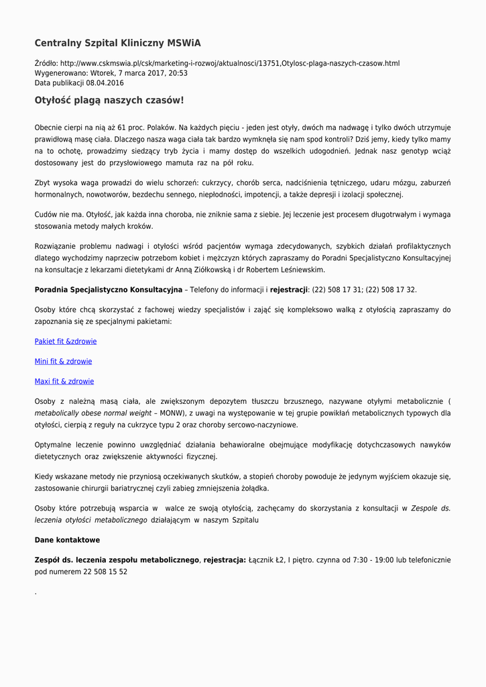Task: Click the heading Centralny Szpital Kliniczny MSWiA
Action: pyautogui.click(x=117, y=43)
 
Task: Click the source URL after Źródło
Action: pyautogui.click(x=229, y=63)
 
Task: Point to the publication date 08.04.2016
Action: pyautogui.click(x=105, y=83)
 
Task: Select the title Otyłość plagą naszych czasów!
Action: pyautogui.click(x=109, y=101)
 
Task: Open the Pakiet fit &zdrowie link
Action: pyautogui.click(x=66, y=341)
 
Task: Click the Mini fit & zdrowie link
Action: pyautogui.click(x=63, y=362)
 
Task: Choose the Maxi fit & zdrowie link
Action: pyautogui.click(x=64, y=382)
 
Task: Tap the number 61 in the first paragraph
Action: pyautogui.click(x=121, y=127)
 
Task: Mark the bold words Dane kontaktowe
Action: pyautogui.click(x=67, y=540)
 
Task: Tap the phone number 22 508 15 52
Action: pyautogui.click(x=105, y=572)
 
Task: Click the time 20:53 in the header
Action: pyautogui.click(x=178, y=73)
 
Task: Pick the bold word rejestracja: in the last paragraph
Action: pyautogui.click(x=225, y=560)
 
